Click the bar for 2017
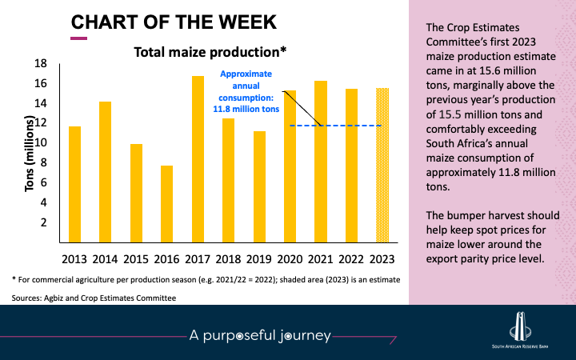198,159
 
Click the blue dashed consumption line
352,126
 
